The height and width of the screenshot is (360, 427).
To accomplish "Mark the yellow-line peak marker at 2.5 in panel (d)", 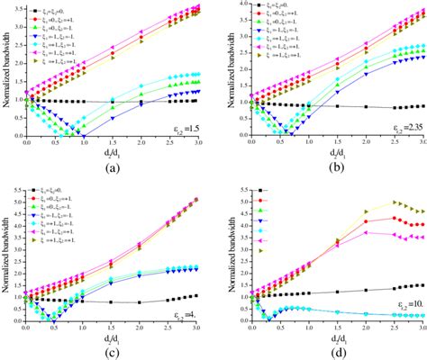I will click(393, 202).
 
